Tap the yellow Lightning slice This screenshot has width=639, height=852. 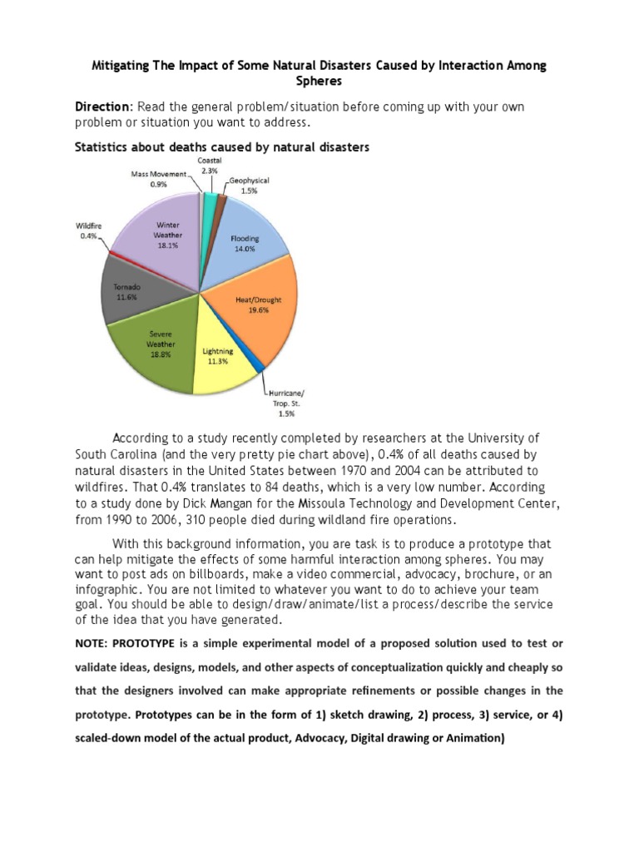220,362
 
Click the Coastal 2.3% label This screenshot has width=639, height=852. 210,165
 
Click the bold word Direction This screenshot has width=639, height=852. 103,108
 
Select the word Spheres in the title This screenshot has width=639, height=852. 319,82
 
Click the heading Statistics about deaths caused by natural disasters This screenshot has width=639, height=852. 222,147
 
